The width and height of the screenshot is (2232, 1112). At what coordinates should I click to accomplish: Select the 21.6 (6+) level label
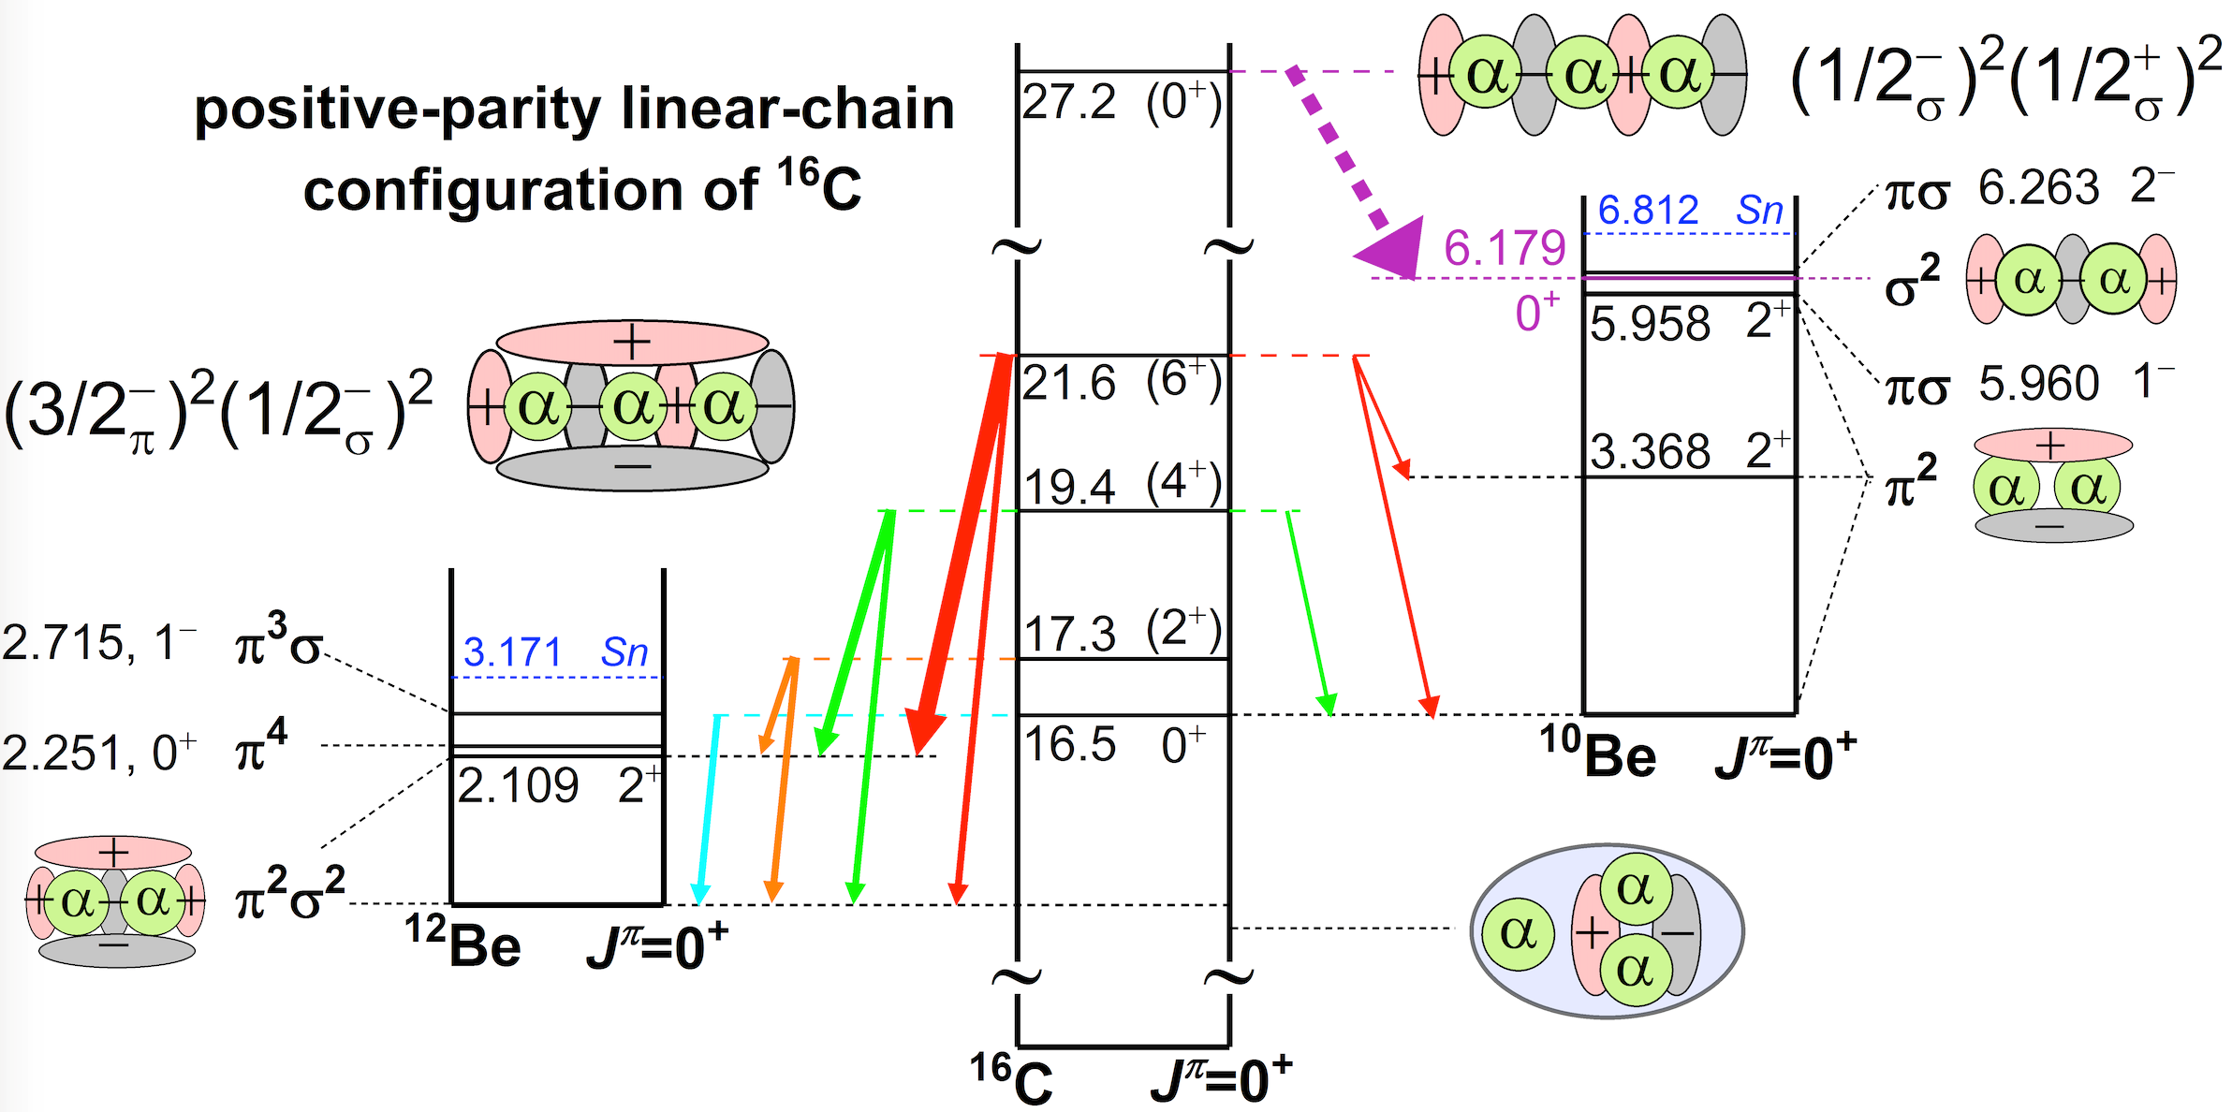(1121, 382)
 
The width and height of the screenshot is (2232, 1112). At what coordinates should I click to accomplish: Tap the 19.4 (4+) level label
(1121, 485)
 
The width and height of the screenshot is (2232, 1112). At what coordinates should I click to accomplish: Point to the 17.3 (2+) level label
(1121, 633)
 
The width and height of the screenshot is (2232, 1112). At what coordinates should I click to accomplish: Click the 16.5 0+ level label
(1114, 745)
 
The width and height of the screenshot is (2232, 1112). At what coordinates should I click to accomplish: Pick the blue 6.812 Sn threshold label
(1689, 211)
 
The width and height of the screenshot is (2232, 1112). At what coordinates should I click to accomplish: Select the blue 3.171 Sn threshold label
(555, 652)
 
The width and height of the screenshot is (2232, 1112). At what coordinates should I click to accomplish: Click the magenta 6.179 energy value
(1504, 248)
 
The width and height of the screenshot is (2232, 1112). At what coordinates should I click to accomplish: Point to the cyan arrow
(708, 805)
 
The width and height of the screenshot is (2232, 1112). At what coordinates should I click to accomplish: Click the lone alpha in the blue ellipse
(1518, 932)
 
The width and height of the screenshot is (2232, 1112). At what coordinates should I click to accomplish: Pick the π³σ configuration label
(278, 643)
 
